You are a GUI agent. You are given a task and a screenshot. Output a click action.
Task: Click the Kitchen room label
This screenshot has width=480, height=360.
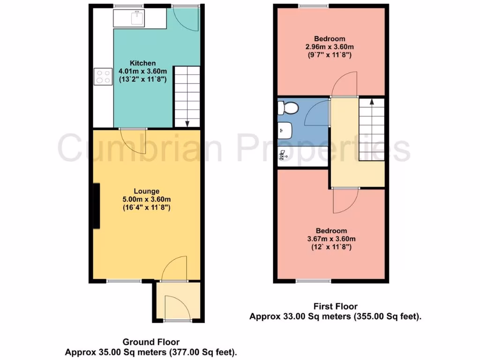[x=142, y=63]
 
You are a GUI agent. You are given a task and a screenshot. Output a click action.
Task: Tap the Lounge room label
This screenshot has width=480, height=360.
[x=147, y=191]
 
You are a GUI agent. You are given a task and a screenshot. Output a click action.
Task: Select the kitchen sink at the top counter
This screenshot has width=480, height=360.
[x=138, y=18]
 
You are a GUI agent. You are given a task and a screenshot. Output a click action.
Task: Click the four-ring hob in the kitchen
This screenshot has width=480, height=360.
[x=103, y=76]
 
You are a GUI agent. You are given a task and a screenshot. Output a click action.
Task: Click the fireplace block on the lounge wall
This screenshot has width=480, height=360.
[x=96, y=206]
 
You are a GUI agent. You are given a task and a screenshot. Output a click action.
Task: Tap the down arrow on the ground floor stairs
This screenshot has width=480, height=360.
[x=187, y=123]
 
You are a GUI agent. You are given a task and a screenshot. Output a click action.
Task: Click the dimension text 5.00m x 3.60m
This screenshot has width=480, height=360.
[x=147, y=199]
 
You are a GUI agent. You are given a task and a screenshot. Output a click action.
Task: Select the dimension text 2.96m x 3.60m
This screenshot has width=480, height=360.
[x=330, y=47]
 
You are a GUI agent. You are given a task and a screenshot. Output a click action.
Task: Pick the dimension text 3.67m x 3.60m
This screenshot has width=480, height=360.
[x=331, y=239]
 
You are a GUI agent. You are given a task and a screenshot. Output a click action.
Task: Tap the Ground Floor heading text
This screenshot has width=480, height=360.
[x=150, y=342]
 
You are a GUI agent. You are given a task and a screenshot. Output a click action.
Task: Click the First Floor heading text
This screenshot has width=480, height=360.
[x=336, y=307]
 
